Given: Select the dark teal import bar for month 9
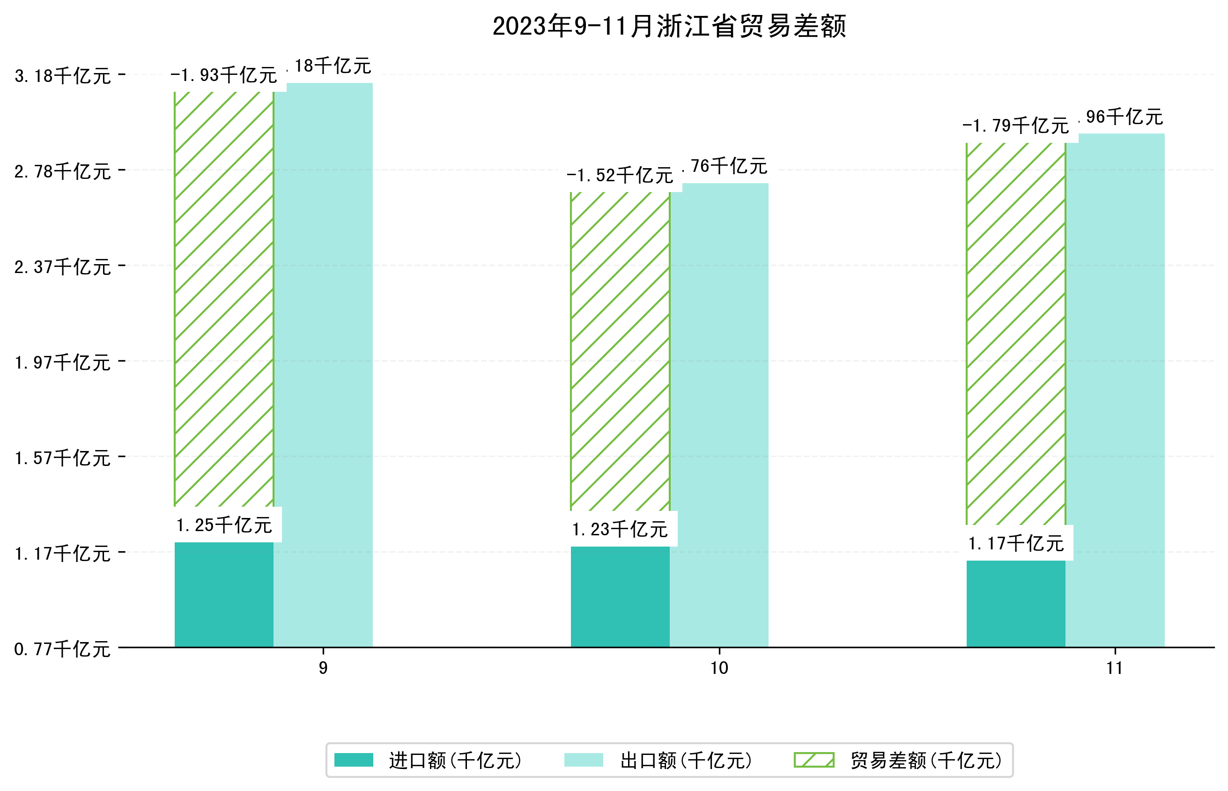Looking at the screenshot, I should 224,595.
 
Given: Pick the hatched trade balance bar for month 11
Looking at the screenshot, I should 1015,334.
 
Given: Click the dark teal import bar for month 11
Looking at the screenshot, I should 1015,604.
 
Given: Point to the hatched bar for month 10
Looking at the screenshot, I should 620,352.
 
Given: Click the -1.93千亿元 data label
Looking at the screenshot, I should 224,75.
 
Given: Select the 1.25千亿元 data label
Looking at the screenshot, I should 224,525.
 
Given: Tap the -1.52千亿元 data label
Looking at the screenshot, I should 620,176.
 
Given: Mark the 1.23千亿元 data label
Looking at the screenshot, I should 620,529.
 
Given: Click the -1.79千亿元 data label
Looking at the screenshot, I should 1015,126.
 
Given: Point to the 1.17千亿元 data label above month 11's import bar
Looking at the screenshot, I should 1015,543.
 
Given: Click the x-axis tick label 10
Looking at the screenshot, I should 719,668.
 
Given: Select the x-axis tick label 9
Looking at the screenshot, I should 323,668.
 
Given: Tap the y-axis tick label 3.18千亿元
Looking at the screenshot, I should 63,76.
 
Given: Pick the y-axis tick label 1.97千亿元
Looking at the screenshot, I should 63,362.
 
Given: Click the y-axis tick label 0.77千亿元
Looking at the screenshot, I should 63,649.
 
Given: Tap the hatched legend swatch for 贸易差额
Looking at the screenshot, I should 814,760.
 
